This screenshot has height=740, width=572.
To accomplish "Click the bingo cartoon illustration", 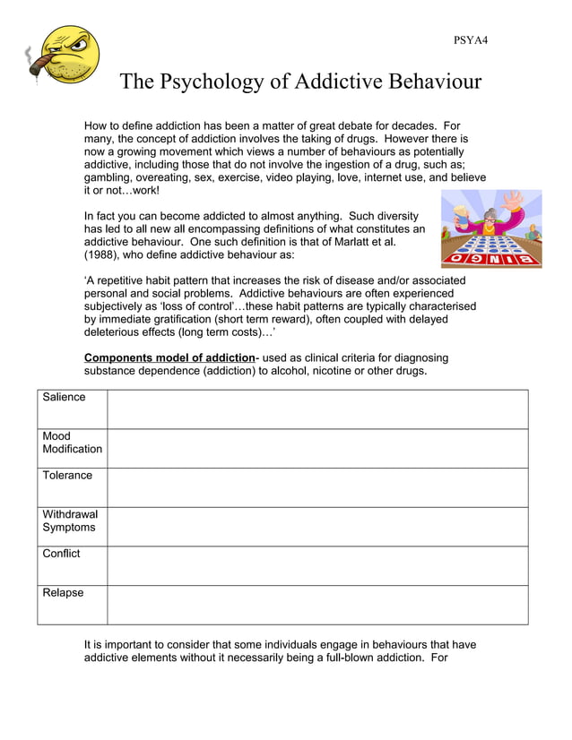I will click(490, 228).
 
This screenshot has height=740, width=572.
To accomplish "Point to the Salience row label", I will click(64, 397).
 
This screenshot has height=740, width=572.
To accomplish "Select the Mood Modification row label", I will click(72, 443).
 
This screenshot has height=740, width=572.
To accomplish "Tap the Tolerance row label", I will click(67, 475).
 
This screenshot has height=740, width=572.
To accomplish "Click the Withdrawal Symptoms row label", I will click(70, 521).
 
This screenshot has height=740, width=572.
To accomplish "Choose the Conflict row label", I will click(61, 554).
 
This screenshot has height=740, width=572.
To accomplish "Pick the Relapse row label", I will click(63, 592).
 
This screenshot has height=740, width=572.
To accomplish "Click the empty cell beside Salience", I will click(317, 409).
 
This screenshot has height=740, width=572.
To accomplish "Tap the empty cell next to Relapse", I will click(317, 605).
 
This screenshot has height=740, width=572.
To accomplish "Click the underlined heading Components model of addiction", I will click(169, 357).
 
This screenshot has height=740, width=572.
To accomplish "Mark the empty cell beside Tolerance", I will click(317, 487).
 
